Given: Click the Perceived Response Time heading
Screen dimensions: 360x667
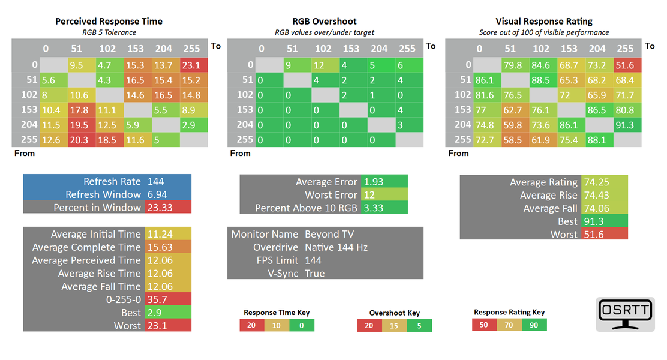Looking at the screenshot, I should click(109, 21).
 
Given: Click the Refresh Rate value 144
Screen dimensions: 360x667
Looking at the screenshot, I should click(156, 181).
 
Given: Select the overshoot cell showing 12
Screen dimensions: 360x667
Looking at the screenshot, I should click(323, 65).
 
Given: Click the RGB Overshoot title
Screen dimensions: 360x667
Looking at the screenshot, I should click(325, 21).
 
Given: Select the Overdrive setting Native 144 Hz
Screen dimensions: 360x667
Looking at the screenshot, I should click(336, 247).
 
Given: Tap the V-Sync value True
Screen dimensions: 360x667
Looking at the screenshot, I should click(315, 274).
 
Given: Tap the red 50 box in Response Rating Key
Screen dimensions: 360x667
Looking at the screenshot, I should click(484, 325).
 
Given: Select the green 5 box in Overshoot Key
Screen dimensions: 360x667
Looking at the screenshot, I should click(419, 326).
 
